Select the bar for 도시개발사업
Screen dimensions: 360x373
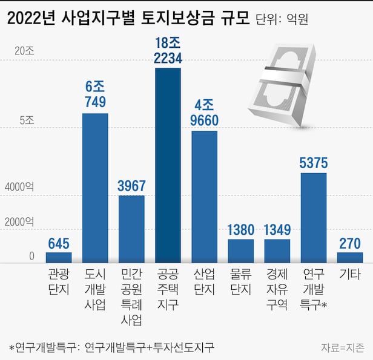pos(95,188)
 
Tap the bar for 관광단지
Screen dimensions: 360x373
pos(59,257)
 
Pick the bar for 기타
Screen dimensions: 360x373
pos(350,257)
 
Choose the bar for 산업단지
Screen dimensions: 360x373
pos(204,197)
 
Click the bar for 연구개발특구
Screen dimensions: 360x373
pos(314,217)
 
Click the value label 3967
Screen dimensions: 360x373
pos(131,186)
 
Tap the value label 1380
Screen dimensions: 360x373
pos(241,230)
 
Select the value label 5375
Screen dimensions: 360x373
pos(314,163)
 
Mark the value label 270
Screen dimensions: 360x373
pos(350,243)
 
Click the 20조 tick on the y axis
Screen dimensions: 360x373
pos(25,51)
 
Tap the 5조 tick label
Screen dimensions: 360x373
pos(27,120)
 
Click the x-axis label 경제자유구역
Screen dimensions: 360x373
pos(277,289)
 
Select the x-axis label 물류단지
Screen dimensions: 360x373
pos(241,281)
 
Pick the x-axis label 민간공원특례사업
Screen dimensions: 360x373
pos(131,296)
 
